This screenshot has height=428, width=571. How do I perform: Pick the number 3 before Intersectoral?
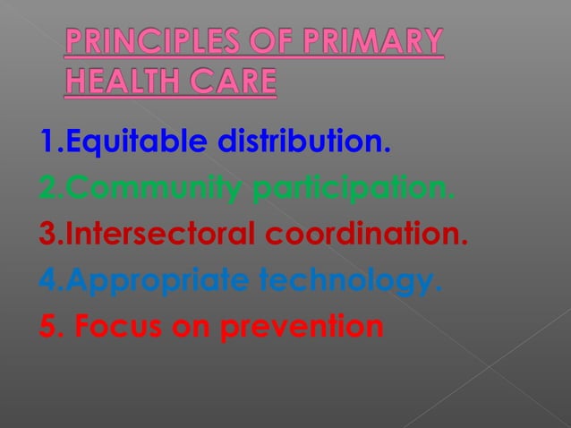pos(47,236)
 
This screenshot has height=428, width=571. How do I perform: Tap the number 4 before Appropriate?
pos(47,283)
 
